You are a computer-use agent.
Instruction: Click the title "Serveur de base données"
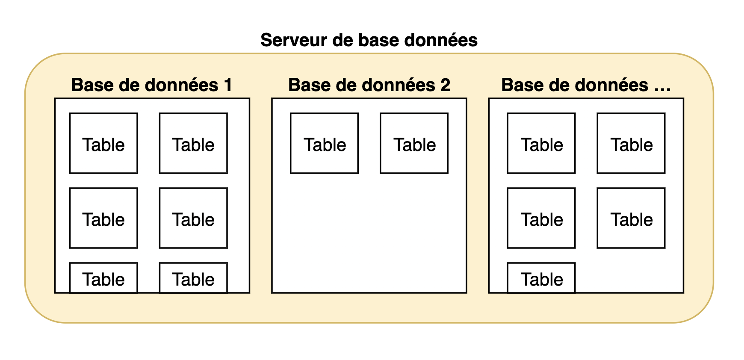pyautogui.click(x=369, y=40)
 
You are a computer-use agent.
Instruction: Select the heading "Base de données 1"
pyautogui.click(x=152, y=85)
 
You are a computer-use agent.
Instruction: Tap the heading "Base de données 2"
pyautogui.click(x=369, y=85)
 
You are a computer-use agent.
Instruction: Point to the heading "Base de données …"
pyautogui.click(x=586, y=85)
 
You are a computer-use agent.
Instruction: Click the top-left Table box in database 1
pyautogui.click(x=103, y=143)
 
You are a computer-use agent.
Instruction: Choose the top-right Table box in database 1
pyautogui.click(x=193, y=143)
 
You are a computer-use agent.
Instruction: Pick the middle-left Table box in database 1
pyautogui.click(x=103, y=218)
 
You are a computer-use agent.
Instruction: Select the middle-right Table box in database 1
pyautogui.click(x=193, y=218)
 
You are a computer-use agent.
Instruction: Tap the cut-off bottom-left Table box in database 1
pyautogui.click(x=103, y=278)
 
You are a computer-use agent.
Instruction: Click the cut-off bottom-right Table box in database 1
pyautogui.click(x=193, y=278)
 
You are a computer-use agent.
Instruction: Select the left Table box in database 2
pyautogui.click(x=324, y=143)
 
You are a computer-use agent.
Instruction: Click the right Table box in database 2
pyautogui.click(x=414, y=143)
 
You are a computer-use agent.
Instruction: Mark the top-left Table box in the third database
pyautogui.click(x=541, y=143)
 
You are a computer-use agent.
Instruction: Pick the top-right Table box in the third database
pyautogui.click(x=631, y=143)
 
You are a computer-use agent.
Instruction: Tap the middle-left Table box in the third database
pyautogui.click(x=541, y=218)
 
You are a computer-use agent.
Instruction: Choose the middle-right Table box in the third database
pyautogui.click(x=631, y=218)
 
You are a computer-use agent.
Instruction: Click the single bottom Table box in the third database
pyautogui.click(x=541, y=278)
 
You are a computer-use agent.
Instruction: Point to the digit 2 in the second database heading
pyautogui.click(x=445, y=85)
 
